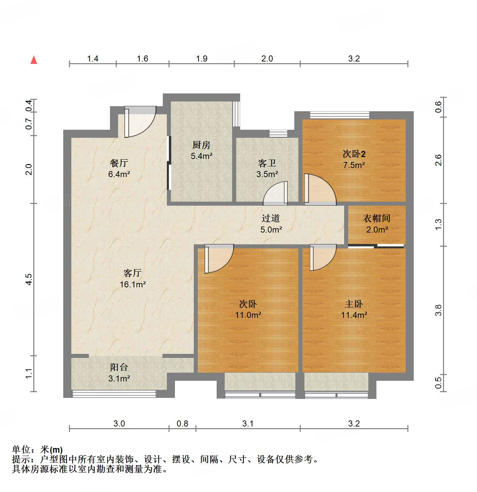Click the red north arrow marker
pos(34,60)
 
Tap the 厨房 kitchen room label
pos(201,145)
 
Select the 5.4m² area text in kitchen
pos(201,156)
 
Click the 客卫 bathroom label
pos(267,163)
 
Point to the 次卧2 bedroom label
pos(354,154)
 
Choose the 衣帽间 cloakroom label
pos(377,218)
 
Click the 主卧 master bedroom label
pos(354,304)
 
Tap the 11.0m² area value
pos(248,315)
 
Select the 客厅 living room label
pos(133,273)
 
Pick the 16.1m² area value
pos(133,284)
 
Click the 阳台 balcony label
pos(119,367)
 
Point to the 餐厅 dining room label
pos(119,163)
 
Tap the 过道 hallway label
pos(271,218)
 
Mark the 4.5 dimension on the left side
pos(29,279)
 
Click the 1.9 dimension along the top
pos(201,59)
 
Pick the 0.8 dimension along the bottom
pos(182,423)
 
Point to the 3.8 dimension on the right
pos(438,310)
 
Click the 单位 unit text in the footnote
pos(21,449)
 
